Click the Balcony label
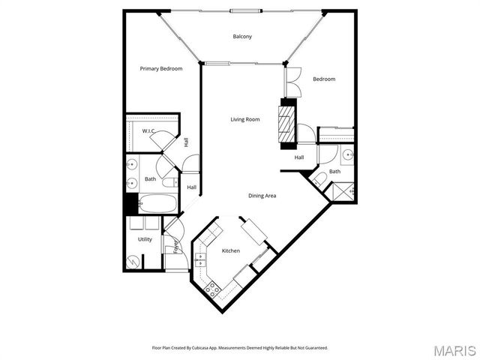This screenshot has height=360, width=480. (241, 37)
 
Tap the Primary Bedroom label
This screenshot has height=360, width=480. (161, 69)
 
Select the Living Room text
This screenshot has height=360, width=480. (244, 119)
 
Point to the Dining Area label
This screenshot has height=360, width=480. (262, 196)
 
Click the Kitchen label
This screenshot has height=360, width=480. (230, 250)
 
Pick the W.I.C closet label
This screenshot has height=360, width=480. (148, 131)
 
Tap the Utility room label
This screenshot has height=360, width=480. (145, 239)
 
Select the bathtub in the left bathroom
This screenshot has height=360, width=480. (158, 204)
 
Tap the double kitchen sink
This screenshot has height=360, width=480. (199, 260)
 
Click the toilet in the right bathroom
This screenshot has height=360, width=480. (318, 178)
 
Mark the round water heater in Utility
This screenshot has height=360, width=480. (133, 262)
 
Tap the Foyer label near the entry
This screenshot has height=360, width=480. (177, 246)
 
